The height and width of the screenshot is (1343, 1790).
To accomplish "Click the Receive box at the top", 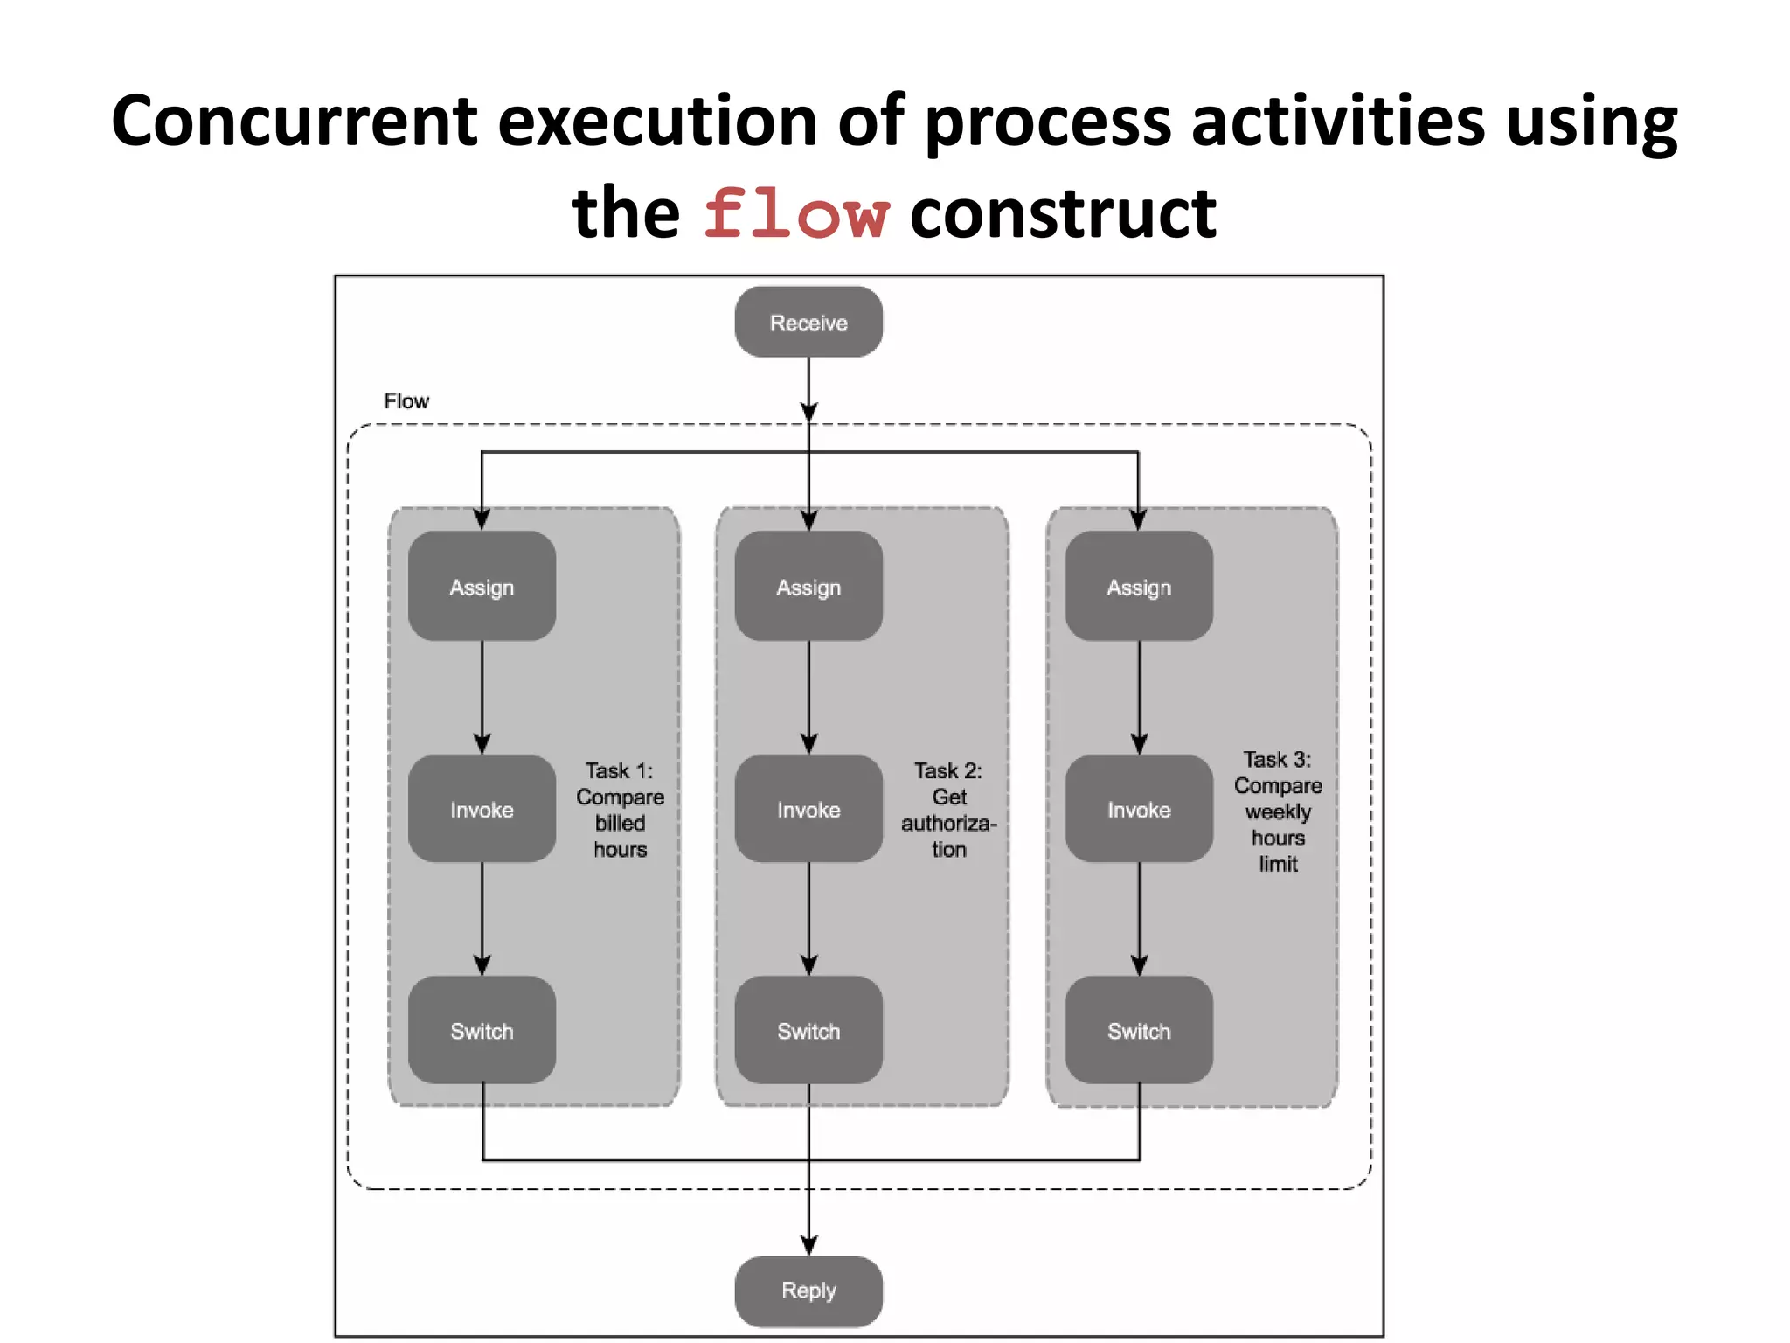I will point(808,323).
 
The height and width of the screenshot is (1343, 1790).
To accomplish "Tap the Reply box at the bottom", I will point(808,1291).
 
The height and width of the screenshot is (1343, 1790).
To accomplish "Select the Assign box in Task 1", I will point(482,587).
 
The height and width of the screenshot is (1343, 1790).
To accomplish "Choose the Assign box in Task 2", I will point(808,587).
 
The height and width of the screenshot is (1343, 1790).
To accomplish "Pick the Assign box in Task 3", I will point(1139,587).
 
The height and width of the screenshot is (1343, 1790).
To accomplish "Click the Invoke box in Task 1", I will point(482,810).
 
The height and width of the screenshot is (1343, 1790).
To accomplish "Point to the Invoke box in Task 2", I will point(808,810).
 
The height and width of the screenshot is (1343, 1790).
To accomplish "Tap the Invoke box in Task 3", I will point(1139,810).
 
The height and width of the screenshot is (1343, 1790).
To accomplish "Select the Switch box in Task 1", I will point(482,1031).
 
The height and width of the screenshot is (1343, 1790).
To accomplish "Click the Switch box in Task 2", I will point(808,1031).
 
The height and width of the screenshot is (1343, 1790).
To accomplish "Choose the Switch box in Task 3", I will point(1139,1031).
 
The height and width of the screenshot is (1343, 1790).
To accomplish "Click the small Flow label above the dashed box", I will point(406,401).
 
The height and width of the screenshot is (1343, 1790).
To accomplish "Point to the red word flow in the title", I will point(796,214).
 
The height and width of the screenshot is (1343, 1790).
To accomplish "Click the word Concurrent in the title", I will point(295,121).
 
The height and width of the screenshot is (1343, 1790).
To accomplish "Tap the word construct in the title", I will point(1063,214).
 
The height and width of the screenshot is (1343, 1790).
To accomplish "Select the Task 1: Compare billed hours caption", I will point(620,810).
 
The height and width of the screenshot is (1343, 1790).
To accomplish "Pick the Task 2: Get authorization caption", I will point(948,810).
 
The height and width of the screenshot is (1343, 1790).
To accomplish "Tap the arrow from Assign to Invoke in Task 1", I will point(482,695).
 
